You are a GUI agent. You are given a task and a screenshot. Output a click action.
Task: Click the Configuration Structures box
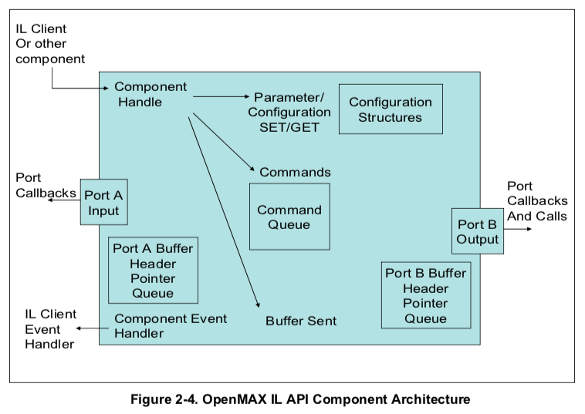coord(391,109)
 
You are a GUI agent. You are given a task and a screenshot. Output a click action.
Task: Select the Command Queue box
coord(289,217)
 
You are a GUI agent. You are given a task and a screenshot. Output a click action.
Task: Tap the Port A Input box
coord(103,203)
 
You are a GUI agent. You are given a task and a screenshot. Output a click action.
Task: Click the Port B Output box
coord(477,231)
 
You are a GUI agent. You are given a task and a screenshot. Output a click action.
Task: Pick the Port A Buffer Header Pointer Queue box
coord(153,270)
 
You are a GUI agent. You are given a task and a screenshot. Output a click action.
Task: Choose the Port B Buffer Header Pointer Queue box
coord(425,295)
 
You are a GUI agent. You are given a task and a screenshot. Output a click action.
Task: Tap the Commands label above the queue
coord(295,172)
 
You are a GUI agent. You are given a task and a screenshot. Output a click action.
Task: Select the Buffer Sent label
coord(301,321)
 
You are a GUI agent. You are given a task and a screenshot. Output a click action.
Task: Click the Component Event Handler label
coord(171,326)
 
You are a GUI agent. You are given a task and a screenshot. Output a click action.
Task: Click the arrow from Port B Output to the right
coord(516,228)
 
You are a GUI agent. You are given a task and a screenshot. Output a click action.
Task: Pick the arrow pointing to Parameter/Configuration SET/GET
coord(221,97)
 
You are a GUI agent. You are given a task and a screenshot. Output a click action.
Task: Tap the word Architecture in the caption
coord(429,399)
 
